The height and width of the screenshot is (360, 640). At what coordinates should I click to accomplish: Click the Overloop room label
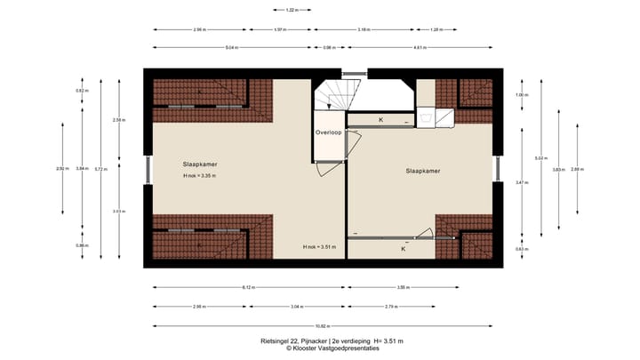pos(328,133)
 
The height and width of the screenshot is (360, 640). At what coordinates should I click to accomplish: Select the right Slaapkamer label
pos(423,171)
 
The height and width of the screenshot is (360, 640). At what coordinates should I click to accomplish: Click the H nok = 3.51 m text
pos(318,245)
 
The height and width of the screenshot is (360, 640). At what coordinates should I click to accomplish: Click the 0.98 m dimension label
pos(328,47)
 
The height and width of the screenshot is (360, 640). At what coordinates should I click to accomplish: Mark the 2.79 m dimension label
pos(390,307)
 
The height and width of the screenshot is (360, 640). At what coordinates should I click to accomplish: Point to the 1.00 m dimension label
pos(522,95)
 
